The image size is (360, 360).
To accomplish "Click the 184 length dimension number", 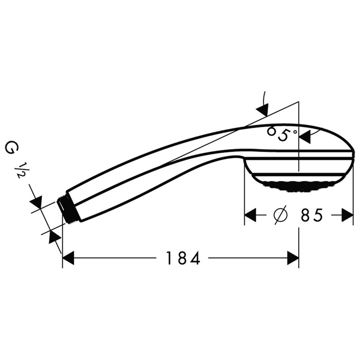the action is point(183,258).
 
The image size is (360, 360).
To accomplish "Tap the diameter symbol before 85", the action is point(280,215).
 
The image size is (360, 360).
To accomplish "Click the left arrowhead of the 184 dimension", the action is point(68,258).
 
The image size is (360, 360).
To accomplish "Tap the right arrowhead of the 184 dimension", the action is point(293,258).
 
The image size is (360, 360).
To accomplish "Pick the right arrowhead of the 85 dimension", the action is point(347,215).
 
